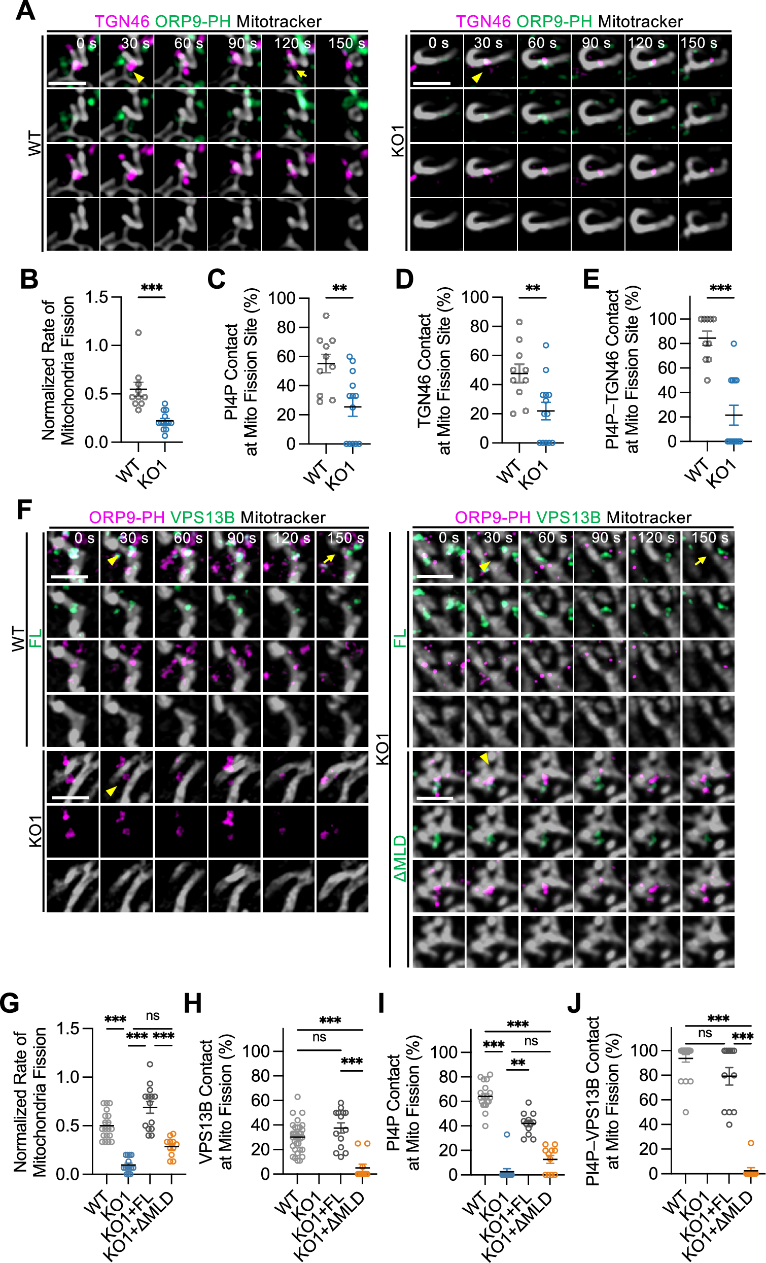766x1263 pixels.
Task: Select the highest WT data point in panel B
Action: coord(138,333)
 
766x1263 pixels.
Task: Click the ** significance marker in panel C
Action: coord(340,288)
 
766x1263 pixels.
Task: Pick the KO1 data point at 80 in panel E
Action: coord(734,344)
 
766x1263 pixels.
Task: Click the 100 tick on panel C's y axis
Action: coord(282,298)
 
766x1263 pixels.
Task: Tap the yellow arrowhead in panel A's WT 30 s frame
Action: coord(139,78)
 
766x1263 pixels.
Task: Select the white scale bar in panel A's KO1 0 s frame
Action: coord(431,83)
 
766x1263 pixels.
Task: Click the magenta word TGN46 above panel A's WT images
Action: coord(122,21)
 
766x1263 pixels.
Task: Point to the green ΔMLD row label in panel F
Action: coord(400,858)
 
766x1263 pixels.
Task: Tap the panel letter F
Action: coord(24,510)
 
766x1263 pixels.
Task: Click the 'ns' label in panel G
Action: coord(153,1015)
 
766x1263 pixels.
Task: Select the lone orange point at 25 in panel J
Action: coord(751,1143)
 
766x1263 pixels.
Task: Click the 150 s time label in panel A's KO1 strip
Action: coord(699,43)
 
